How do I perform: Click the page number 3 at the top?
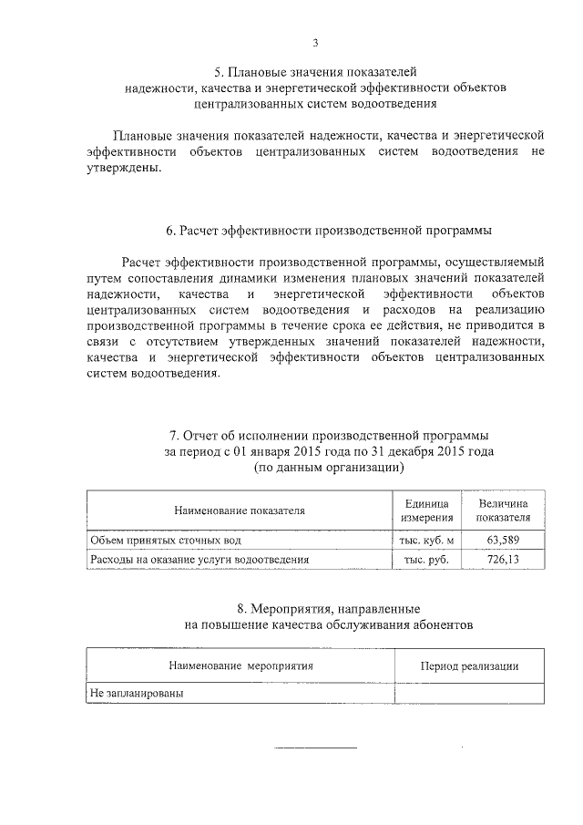point(315,43)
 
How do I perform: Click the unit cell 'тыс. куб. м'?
point(420,541)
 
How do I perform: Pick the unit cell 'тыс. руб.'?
point(420,559)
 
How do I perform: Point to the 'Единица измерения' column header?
point(420,511)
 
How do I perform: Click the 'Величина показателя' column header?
point(503,511)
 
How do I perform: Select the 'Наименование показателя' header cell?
point(234,511)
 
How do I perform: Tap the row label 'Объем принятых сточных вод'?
point(165,541)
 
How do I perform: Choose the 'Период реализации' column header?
point(469,666)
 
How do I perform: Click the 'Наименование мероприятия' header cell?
point(240,666)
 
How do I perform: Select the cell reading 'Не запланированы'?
point(136,694)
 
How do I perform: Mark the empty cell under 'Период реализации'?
point(469,694)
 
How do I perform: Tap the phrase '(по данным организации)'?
point(328,468)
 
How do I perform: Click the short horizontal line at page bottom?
point(316,749)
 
